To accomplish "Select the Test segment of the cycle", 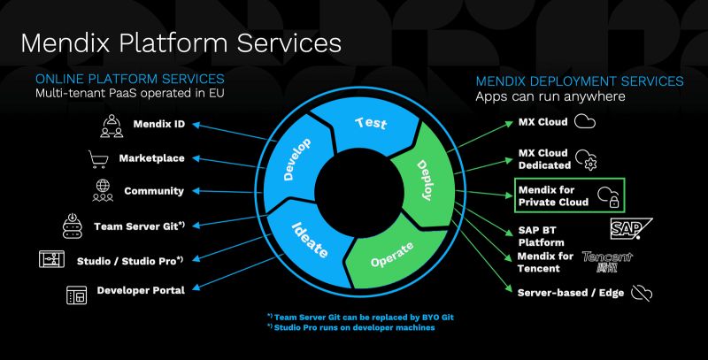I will click(x=371, y=125).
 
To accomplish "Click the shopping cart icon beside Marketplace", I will click(x=98, y=158).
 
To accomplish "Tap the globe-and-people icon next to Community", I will click(x=103, y=190).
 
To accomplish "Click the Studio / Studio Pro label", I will click(x=131, y=259).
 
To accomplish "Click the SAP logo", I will click(x=631, y=229).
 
